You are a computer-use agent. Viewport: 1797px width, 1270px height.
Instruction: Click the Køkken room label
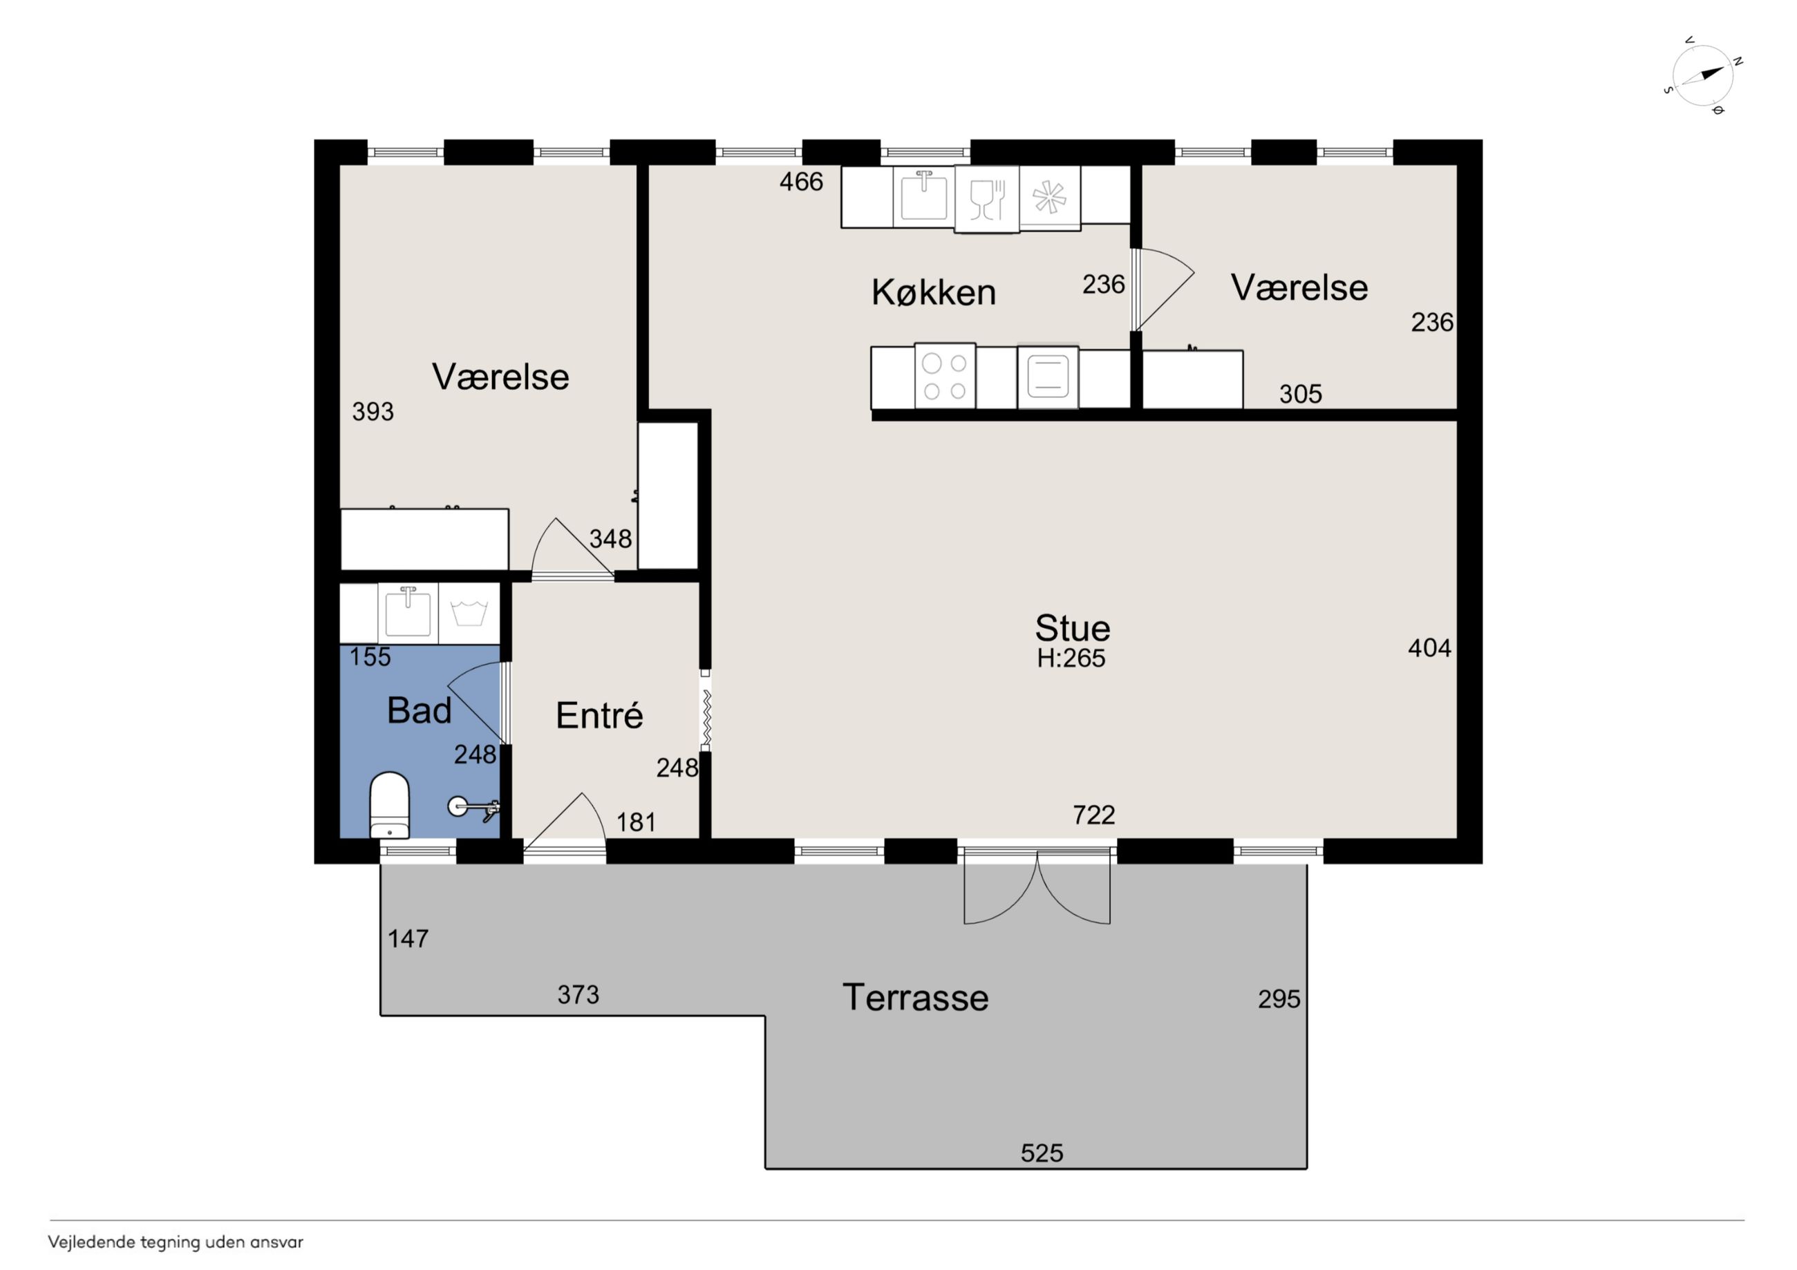tap(933, 293)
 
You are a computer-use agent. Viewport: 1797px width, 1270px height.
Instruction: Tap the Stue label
tap(1072, 627)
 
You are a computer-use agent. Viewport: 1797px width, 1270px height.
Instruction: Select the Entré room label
tap(599, 715)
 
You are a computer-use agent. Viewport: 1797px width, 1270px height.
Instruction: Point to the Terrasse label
tap(916, 998)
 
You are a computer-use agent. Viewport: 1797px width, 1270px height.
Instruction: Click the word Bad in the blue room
tap(420, 710)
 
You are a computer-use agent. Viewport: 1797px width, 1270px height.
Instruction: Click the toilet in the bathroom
tap(389, 804)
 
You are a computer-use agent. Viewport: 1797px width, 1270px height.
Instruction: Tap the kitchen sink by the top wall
tap(923, 196)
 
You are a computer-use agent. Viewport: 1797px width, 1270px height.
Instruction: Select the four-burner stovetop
tap(945, 377)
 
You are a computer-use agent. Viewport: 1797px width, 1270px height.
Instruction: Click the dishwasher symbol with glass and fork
tap(987, 200)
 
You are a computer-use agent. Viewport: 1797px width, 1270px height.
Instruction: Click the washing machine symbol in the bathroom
tap(469, 613)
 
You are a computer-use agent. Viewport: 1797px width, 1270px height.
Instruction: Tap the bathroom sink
tap(408, 613)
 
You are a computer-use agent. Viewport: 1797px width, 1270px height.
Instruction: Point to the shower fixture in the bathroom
tap(473, 807)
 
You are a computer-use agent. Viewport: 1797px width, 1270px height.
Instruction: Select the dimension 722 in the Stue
tap(1093, 815)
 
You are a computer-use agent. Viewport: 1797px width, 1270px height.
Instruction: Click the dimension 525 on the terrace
tap(1042, 1153)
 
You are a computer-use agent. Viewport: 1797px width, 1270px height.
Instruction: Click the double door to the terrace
tap(1037, 887)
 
